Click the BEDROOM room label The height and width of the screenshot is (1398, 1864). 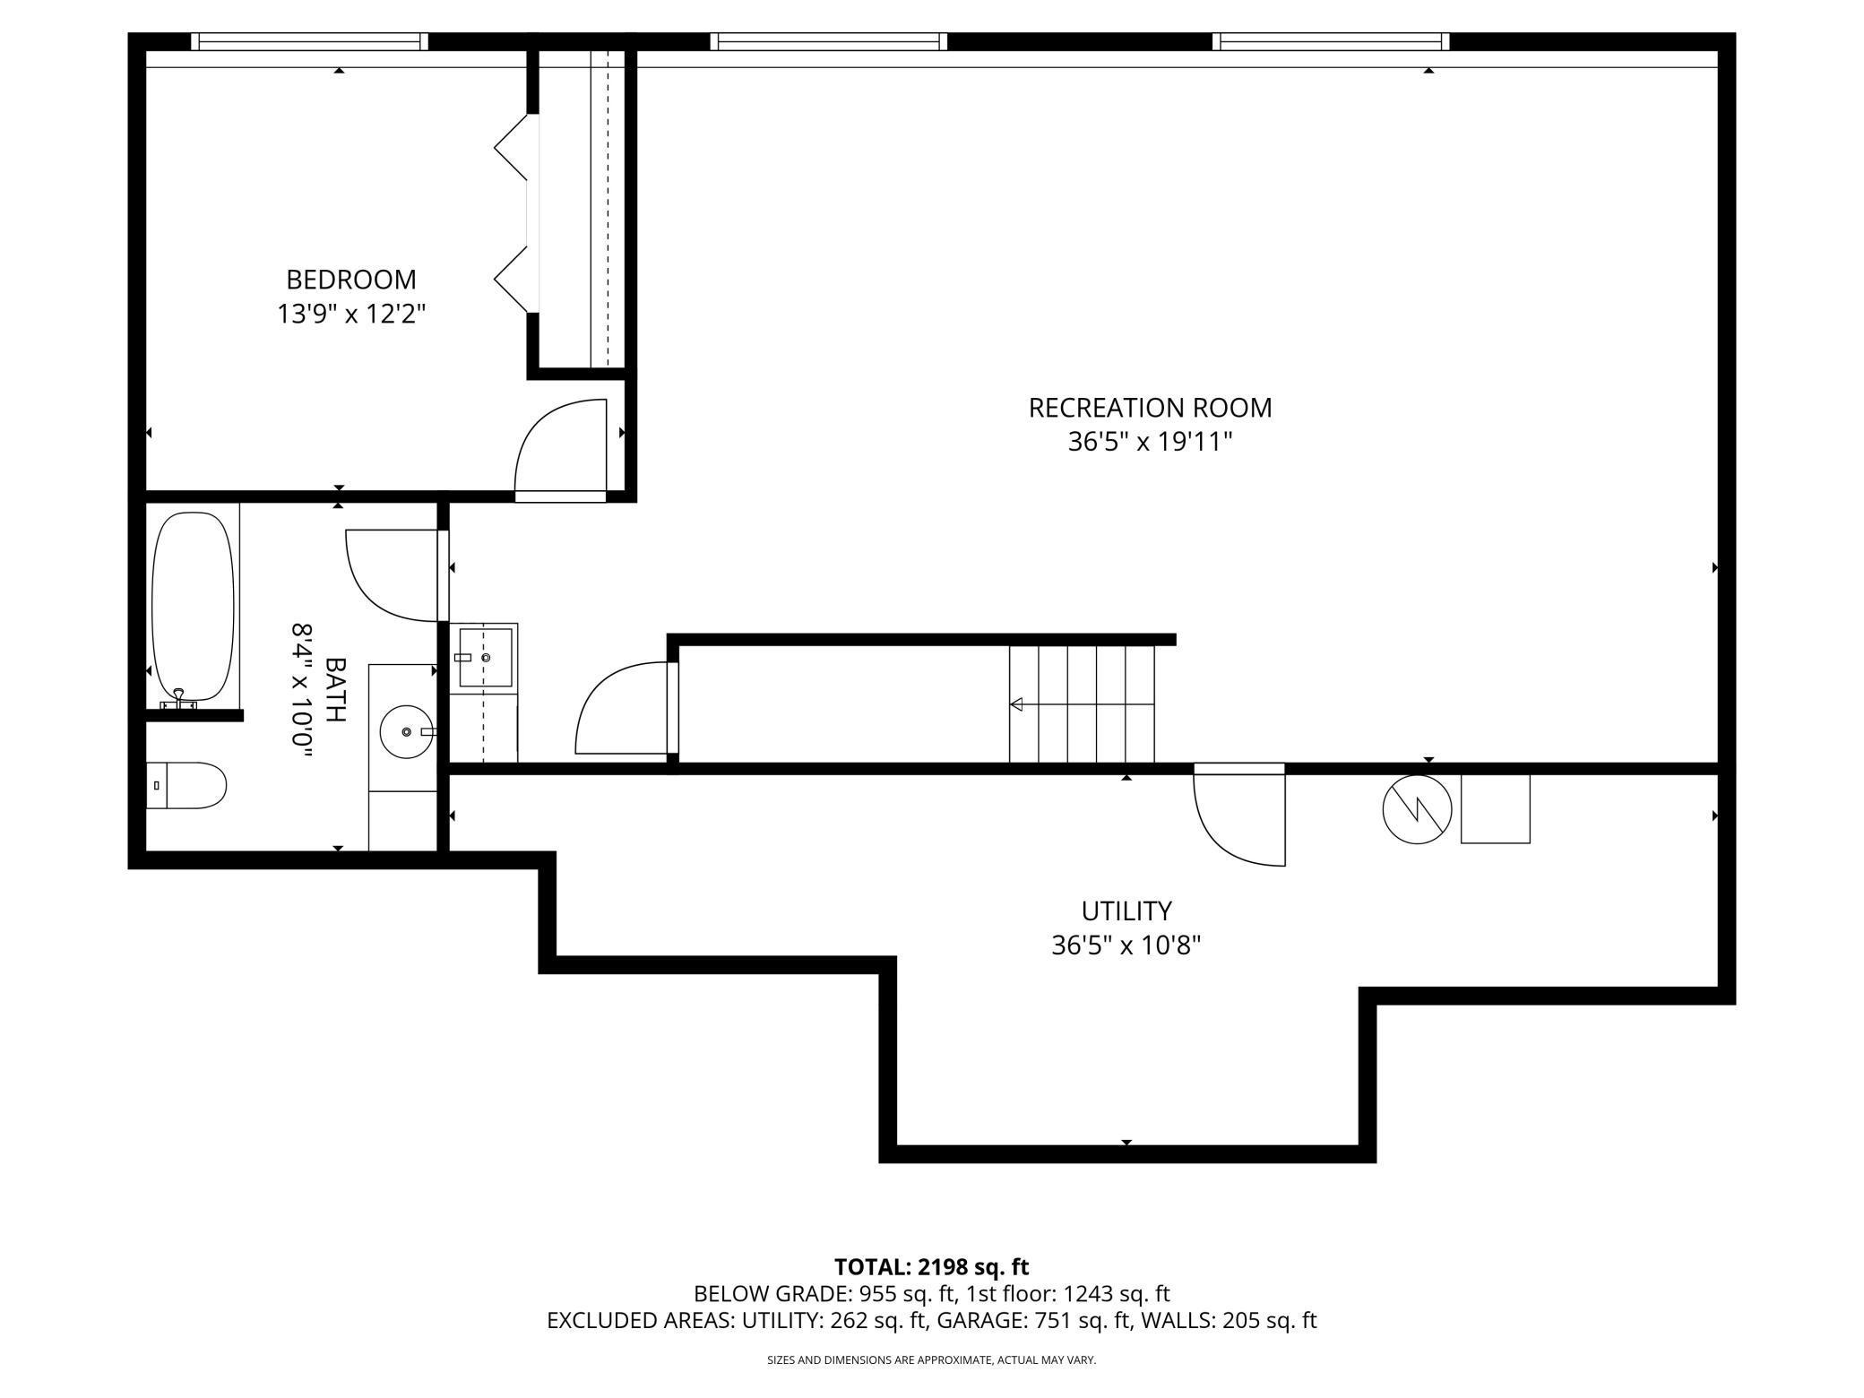351,280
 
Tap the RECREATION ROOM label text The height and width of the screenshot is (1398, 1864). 1150,408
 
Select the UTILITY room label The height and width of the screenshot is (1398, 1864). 1126,910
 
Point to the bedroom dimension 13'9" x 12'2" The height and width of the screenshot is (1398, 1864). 351,314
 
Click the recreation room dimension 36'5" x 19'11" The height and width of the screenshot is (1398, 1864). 1150,442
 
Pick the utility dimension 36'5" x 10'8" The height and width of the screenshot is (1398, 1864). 1126,945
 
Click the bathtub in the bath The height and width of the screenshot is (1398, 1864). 193,607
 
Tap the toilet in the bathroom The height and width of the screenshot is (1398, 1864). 186,786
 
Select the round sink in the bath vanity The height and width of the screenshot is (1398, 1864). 407,732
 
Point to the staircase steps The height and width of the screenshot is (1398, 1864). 1082,704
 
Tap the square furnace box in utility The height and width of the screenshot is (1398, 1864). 1495,808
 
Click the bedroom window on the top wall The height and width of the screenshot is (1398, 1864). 309,41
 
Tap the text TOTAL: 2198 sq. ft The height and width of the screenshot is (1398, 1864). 931,1267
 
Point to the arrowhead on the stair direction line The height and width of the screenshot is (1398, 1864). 1016,704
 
